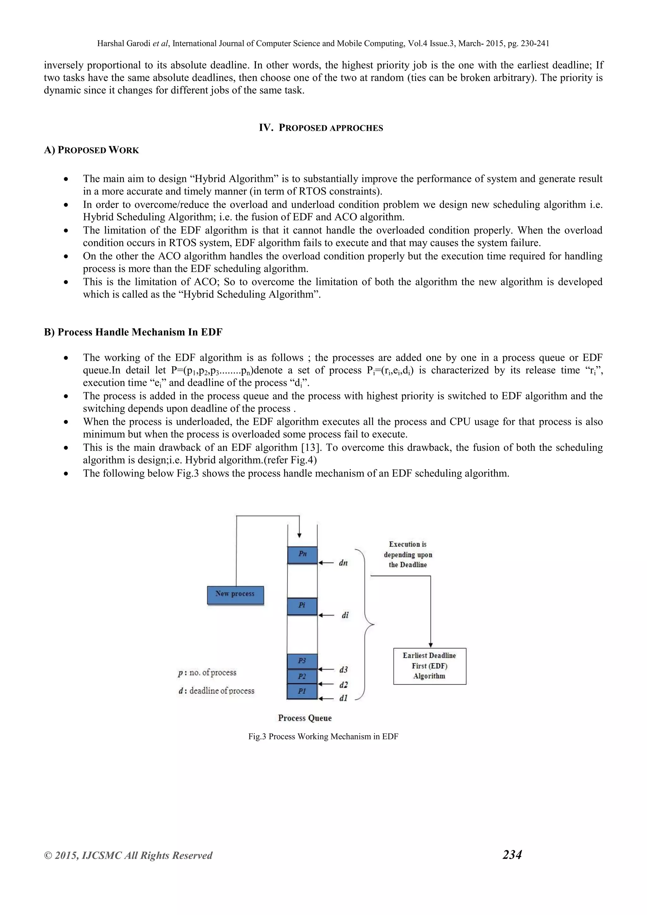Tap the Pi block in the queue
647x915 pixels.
coord(302,606)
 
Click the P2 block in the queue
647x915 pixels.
coord(302,676)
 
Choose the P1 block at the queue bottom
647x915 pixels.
coord(302,691)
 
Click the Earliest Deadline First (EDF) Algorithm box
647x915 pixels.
coord(429,666)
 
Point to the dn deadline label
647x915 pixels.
coord(343,563)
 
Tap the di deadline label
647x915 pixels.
coord(345,615)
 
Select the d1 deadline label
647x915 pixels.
coord(343,698)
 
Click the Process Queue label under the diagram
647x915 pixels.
coord(305,718)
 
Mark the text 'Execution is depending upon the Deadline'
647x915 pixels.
coord(408,554)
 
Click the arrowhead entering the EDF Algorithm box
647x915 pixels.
coord(431,645)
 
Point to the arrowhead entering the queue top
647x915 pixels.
coord(299,536)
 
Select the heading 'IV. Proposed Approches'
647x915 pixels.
coord(321,128)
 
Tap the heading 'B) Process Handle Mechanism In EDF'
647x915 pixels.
coord(133,332)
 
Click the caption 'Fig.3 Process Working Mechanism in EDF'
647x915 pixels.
coord(323,736)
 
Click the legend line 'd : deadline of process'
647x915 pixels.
coord(216,691)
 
